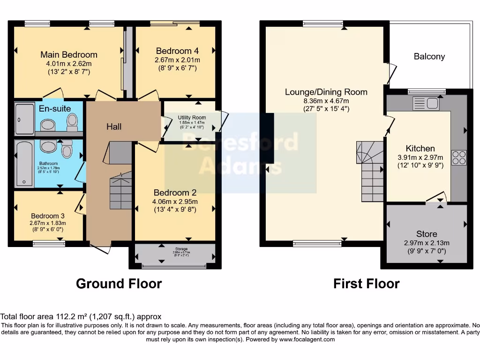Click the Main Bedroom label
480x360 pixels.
(x=68, y=55)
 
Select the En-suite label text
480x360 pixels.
(x=55, y=109)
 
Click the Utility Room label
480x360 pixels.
(x=192, y=117)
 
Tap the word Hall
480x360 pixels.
(x=114, y=127)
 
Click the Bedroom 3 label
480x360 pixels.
(x=48, y=216)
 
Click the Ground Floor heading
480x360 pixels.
(x=119, y=284)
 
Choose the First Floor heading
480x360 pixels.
(x=366, y=284)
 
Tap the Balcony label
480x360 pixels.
(x=429, y=56)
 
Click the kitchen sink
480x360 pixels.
(x=425, y=103)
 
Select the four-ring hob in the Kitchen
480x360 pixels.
(x=458, y=157)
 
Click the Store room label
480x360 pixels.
(x=426, y=234)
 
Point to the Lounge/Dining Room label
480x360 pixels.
(x=326, y=92)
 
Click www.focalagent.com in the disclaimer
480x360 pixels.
(x=307, y=339)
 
